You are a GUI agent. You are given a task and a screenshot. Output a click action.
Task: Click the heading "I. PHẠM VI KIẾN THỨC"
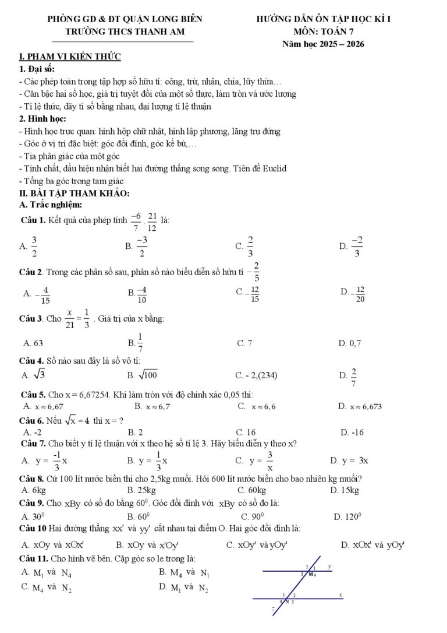coord(70,57)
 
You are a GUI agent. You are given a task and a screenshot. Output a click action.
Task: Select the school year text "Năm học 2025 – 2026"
coord(323,44)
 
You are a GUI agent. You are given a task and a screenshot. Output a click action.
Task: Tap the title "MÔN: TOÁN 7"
coord(324,31)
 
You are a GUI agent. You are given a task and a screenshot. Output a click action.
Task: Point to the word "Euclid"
coord(273,168)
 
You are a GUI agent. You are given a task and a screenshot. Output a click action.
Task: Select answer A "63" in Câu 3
coord(33,343)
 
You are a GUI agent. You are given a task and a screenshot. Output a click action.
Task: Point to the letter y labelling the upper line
coord(329,566)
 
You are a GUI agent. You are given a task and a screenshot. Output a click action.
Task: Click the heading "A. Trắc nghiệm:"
coord(51,205)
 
